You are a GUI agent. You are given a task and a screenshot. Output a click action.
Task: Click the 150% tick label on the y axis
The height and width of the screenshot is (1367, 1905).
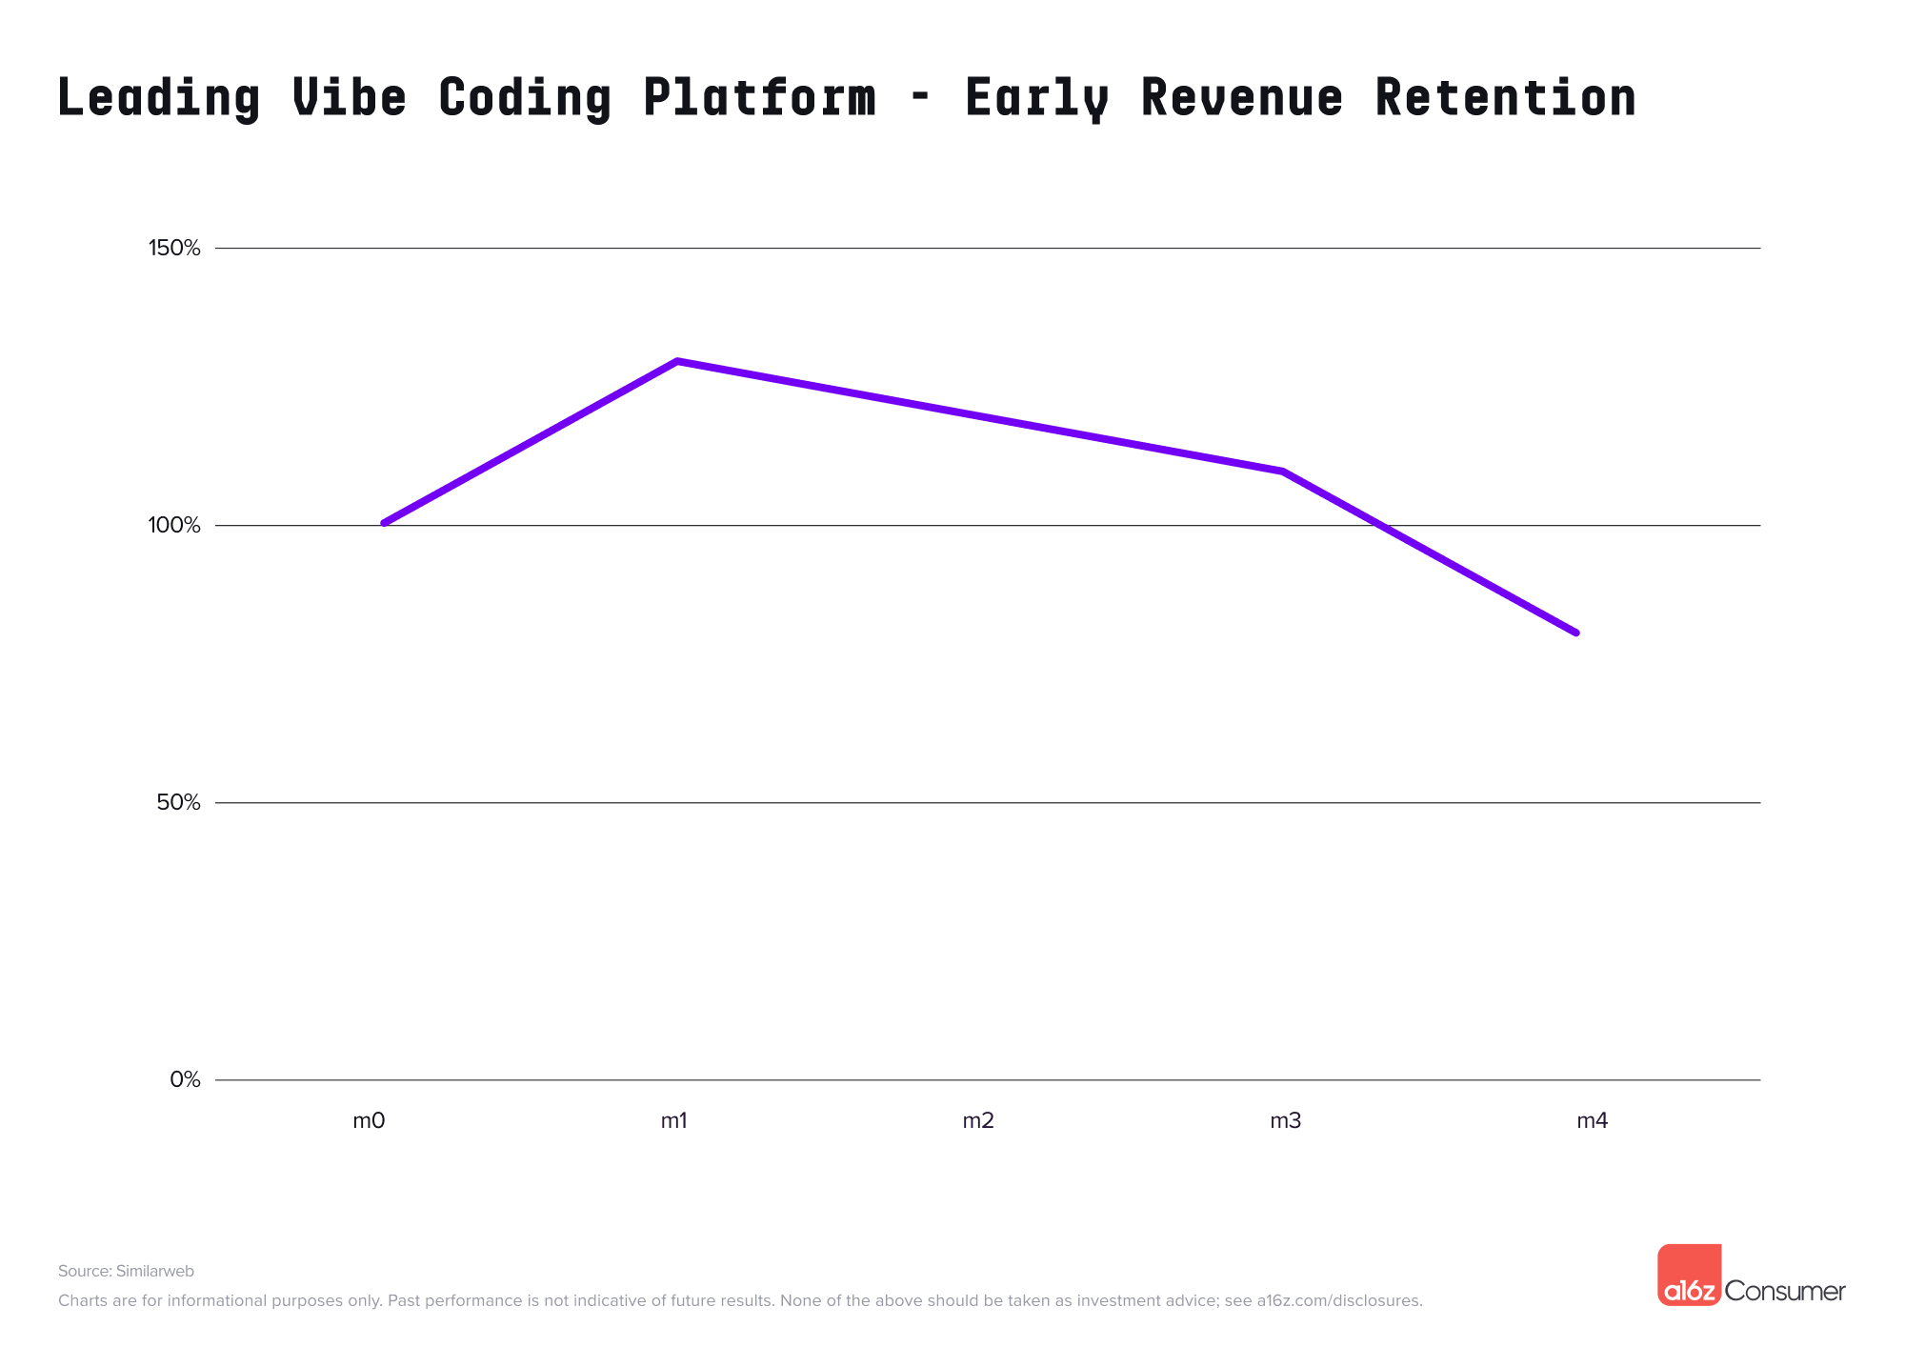click(x=174, y=249)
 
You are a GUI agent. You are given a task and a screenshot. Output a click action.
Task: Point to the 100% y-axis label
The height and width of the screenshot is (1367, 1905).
click(x=174, y=526)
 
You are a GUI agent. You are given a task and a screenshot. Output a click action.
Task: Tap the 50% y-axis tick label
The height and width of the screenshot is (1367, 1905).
click(x=178, y=803)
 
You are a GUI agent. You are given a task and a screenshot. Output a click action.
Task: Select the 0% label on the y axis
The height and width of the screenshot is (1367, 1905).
click(x=185, y=1080)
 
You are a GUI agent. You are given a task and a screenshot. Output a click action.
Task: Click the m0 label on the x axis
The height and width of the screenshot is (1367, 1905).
click(x=369, y=1121)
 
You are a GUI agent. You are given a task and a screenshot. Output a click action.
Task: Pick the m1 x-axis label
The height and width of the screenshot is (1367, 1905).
click(x=674, y=1121)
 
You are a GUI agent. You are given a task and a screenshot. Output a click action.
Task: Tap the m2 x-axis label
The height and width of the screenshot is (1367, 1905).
click(x=978, y=1121)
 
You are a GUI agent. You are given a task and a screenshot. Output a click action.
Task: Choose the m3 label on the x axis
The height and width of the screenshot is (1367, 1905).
click(x=1285, y=1121)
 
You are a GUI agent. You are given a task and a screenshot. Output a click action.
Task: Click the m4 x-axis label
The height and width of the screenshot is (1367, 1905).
click(x=1592, y=1121)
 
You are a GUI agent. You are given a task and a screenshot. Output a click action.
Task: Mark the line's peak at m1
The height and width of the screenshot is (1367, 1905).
click(x=676, y=361)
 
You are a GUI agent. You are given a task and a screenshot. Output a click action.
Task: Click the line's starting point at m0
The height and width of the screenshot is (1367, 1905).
click(x=384, y=523)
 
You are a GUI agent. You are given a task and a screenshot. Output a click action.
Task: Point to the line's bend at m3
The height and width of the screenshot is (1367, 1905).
click(x=1283, y=471)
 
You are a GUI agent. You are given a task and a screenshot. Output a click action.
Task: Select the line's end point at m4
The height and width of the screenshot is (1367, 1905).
click(x=1576, y=633)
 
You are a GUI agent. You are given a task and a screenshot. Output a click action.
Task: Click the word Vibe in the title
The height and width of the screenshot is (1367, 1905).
click(x=350, y=97)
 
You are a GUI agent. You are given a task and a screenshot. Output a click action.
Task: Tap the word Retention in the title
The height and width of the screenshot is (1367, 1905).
click(x=1505, y=97)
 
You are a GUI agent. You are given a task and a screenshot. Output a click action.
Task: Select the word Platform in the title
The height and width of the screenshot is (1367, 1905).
click(x=759, y=97)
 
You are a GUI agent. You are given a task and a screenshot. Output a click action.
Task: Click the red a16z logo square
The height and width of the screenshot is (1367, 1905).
click(x=1689, y=1275)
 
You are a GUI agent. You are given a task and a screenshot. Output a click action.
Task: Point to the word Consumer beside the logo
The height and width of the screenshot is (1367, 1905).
click(x=1785, y=1291)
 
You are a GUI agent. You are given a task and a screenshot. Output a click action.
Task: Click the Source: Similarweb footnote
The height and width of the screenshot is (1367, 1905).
click(x=126, y=1271)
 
